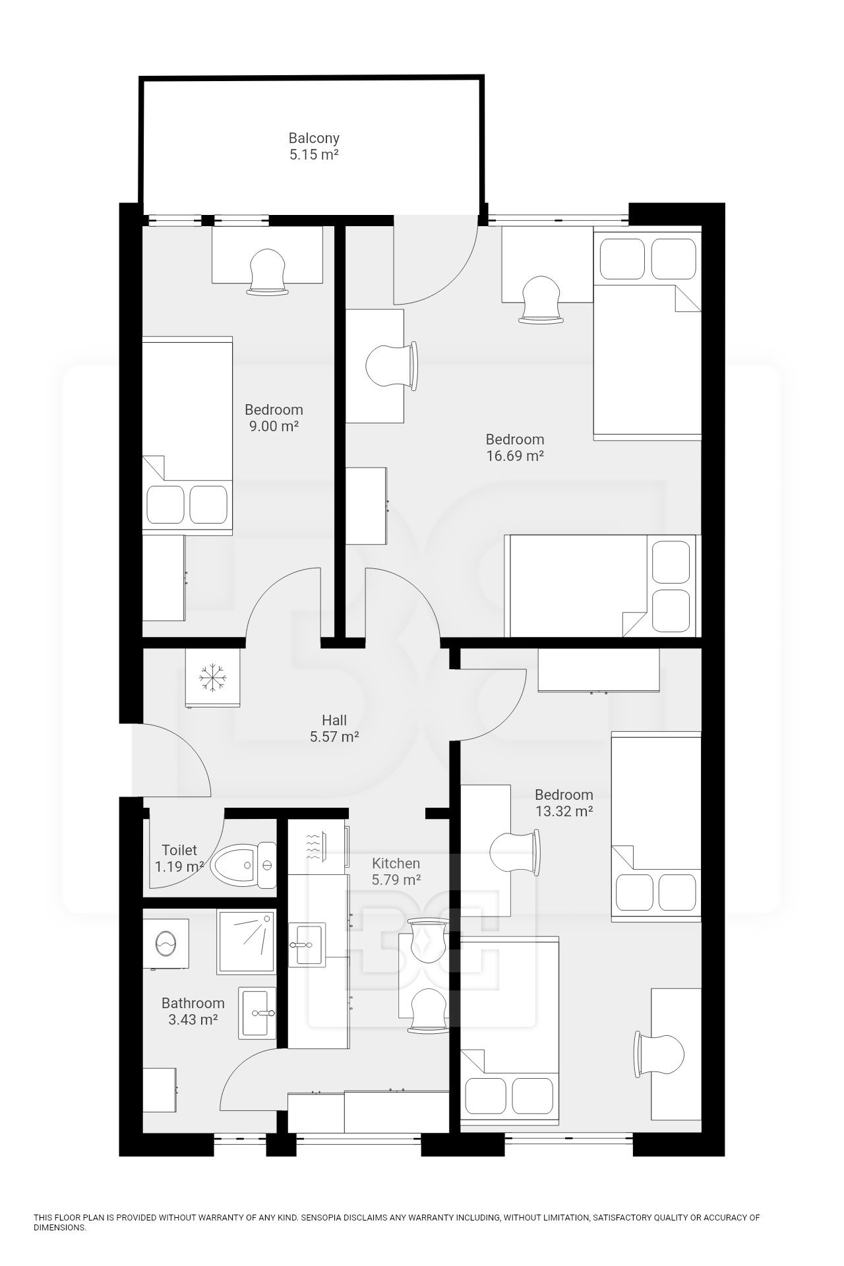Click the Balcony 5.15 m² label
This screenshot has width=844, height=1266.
click(x=314, y=146)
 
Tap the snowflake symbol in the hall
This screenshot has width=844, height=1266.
click(x=214, y=678)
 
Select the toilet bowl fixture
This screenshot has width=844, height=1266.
click(x=245, y=865)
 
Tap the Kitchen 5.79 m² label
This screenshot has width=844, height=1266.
click(x=396, y=871)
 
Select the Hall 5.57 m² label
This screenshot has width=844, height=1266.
click(x=334, y=729)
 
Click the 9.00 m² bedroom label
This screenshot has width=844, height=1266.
click(x=274, y=417)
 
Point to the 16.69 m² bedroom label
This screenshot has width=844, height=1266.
click(x=515, y=447)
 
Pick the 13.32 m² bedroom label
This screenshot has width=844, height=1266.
click(x=564, y=802)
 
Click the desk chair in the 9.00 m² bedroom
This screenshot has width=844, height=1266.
click(x=268, y=272)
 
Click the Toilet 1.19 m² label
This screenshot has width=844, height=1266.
click(x=179, y=859)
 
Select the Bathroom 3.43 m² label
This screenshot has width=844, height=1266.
click(x=193, y=1011)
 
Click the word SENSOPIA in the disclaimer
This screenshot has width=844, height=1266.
click(x=322, y=1218)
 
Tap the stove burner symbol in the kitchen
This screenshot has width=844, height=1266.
click(x=314, y=847)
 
